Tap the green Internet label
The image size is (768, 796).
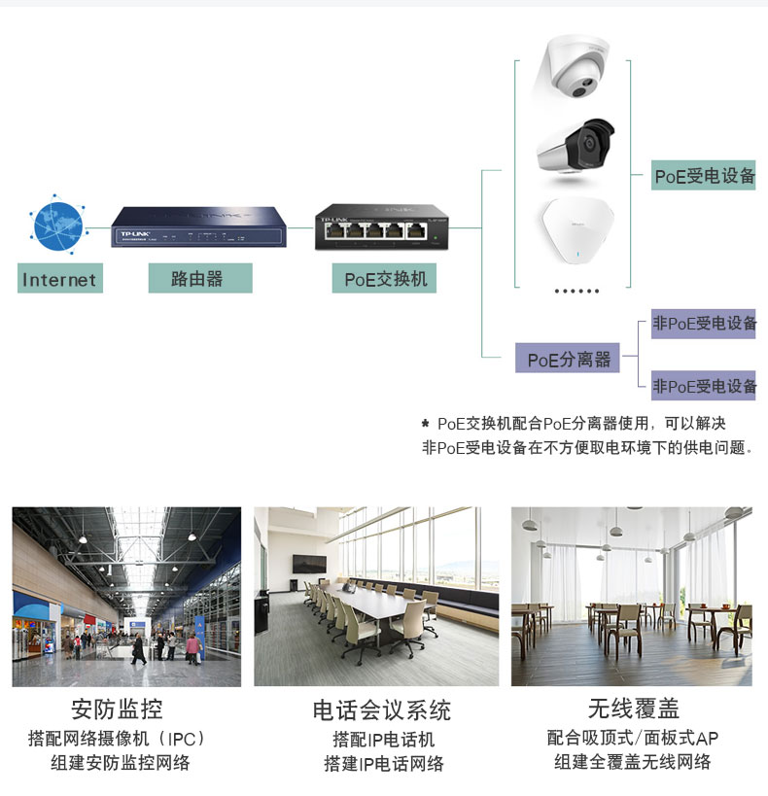[x=60, y=278]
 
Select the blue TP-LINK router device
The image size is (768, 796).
[x=198, y=226]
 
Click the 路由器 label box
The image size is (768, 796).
[x=200, y=278]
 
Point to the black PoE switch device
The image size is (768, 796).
[x=381, y=226]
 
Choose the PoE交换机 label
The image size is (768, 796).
[x=384, y=278]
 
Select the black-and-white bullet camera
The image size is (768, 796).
[x=576, y=146]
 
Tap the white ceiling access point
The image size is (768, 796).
[x=576, y=231]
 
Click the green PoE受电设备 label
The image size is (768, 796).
[x=704, y=175]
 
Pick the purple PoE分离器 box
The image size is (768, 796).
[x=568, y=358]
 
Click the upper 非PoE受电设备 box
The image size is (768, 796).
[x=704, y=324]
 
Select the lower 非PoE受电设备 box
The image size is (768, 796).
[x=704, y=385]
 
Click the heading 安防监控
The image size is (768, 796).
[x=117, y=709]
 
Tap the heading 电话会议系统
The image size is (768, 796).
[x=381, y=710]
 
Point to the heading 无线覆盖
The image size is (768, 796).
[x=634, y=709]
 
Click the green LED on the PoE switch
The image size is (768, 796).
[x=436, y=237]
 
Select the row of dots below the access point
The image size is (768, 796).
[x=576, y=291]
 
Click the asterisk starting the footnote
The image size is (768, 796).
[x=425, y=423]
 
